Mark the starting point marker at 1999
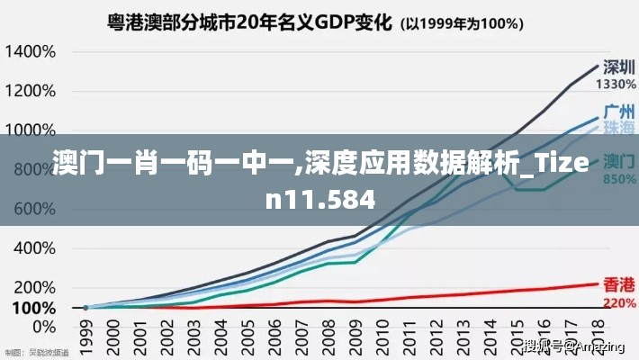click(x=85, y=308)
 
